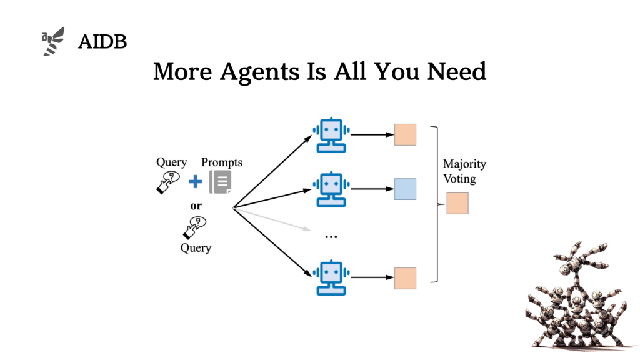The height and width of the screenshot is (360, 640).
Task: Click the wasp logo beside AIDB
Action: coord(53,41)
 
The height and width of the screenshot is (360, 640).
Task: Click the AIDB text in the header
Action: coord(102,42)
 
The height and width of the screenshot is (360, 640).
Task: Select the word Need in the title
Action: coord(456,71)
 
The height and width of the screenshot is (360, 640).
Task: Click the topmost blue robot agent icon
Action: coord(331,134)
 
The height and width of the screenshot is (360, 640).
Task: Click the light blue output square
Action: coord(405,189)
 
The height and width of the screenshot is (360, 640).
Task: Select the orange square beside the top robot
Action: coord(405,134)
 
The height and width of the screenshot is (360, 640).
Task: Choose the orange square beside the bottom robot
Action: coord(405,278)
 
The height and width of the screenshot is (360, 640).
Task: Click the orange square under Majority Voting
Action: coord(457,203)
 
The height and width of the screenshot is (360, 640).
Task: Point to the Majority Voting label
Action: coord(464,171)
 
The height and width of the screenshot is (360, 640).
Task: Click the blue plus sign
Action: coord(196,182)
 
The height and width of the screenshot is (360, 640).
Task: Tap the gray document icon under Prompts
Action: coord(220,181)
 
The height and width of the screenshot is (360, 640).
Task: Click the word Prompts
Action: coord(221,162)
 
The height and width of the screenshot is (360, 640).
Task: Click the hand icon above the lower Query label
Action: coord(194,227)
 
